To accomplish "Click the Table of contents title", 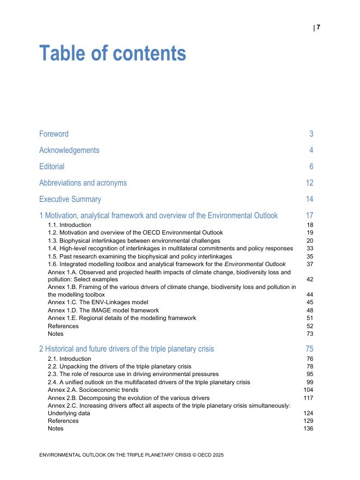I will click(113, 53).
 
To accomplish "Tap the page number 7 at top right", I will click(319, 27).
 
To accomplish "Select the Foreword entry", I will click(54, 134).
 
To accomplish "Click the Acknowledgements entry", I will click(69, 150).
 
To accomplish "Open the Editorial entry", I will click(52, 167).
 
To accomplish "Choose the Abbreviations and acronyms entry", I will click(83, 183).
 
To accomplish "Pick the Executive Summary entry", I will click(70, 199).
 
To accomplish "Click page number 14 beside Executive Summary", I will click(309, 199).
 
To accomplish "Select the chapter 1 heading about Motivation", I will click(158, 216).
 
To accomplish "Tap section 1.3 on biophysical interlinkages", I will click(134, 241).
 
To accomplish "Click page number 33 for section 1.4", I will click(310, 248).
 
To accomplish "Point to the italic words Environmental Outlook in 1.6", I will click(255, 264).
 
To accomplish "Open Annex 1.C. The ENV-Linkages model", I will click(98, 302).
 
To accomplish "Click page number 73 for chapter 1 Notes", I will click(310, 334).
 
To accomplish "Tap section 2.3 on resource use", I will click(133, 374).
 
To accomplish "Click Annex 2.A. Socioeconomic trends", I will click(93, 390).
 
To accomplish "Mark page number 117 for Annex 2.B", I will click(308, 398).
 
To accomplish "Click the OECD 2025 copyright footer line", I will click(131, 454).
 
